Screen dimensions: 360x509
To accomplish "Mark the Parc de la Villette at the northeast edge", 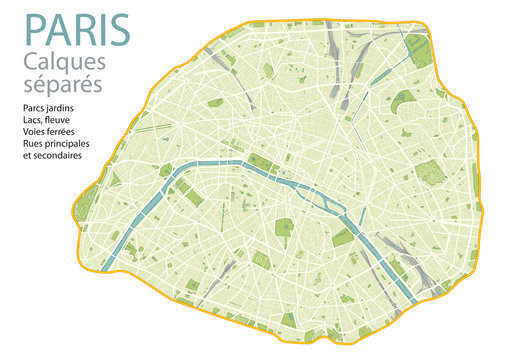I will pos(414,44).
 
